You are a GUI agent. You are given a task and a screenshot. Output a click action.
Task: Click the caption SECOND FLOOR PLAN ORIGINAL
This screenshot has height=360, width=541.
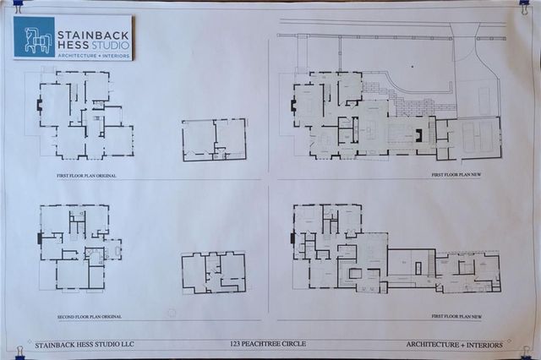(x=89, y=316)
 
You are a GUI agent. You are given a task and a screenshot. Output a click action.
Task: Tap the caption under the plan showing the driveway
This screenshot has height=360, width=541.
(x=462, y=175)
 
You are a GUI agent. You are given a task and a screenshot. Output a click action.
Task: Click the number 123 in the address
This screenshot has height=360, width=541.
(x=238, y=344)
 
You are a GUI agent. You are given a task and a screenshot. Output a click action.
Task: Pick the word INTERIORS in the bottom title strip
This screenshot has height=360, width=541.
(x=481, y=344)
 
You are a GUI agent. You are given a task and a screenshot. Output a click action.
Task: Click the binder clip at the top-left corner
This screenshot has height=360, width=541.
(x=18, y=7)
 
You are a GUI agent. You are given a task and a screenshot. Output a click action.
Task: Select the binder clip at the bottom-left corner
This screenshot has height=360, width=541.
(x=19, y=350)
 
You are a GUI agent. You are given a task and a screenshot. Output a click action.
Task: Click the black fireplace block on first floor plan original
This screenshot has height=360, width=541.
(x=39, y=106)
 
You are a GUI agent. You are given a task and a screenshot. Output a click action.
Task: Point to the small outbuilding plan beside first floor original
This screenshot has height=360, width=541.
(x=214, y=139)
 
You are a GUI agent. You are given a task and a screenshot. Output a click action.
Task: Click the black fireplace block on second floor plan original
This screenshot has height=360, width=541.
(x=39, y=239)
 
